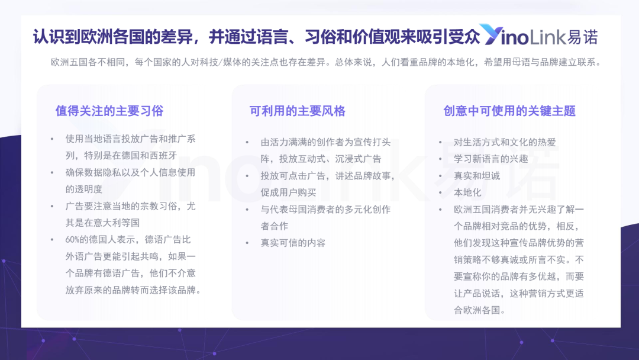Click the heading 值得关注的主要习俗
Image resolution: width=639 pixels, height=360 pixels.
point(109,111)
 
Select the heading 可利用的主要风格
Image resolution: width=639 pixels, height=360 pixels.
point(298,111)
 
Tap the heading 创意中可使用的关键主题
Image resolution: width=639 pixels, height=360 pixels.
point(509,111)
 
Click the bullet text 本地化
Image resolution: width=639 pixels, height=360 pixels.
point(467,192)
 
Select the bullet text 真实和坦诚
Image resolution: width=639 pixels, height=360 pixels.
point(477,176)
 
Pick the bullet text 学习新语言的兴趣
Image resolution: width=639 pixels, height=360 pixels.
point(491,159)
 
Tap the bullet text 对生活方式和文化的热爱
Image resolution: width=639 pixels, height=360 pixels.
point(505,142)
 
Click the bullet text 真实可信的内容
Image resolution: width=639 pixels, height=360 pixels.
point(293,243)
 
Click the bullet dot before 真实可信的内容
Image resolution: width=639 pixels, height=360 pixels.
point(247,243)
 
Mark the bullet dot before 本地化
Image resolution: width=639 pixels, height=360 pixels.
point(440,193)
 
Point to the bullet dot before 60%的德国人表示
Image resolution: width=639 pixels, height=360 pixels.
point(51,240)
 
